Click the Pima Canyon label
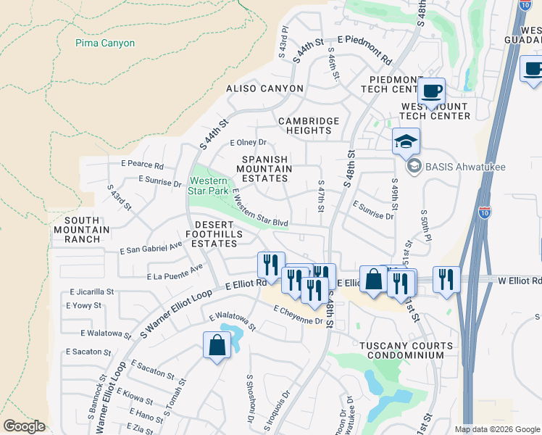point(105,43)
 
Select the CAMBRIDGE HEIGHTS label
point(308,126)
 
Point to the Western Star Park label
point(209,186)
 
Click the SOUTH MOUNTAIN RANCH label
point(86,230)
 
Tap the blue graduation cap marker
point(406,141)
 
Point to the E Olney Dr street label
point(249,143)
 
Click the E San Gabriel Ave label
point(151,249)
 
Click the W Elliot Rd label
point(520,281)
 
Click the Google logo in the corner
point(24,426)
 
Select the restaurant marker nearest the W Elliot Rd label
point(446,278)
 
